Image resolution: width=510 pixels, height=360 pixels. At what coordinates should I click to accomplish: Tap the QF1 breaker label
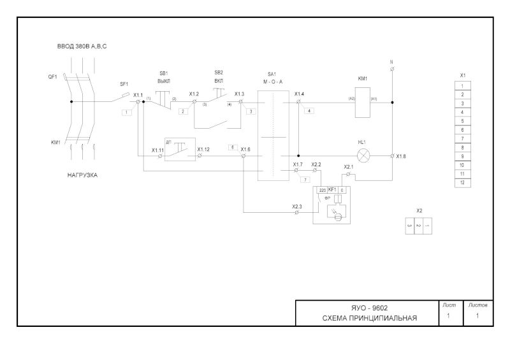tap(52, 76)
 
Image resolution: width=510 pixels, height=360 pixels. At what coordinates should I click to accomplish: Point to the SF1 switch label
tap(124, 83)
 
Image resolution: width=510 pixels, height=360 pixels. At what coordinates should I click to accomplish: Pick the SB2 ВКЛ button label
tap(219, 77)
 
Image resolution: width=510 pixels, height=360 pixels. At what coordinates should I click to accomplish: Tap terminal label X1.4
tap(300, 94)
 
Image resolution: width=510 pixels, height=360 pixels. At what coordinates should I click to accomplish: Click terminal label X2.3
tap(297, 206)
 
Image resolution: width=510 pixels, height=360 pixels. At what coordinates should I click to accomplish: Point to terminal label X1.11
tap(157, 150)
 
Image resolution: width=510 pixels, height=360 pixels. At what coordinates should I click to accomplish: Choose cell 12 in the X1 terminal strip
tap(462, 182)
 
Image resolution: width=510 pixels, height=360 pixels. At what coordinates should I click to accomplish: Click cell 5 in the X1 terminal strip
tap(462, 120)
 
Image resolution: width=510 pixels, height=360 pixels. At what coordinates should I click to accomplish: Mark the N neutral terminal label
tap(391, 62)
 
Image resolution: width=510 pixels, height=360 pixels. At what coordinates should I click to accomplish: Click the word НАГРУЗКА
tap(82, 174)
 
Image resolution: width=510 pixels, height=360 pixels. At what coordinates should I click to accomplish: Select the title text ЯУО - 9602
tap(370, 308)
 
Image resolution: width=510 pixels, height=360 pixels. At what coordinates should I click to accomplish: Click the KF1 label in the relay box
tap(332, 190)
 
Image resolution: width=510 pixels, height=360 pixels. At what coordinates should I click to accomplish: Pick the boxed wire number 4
tap(309, 111)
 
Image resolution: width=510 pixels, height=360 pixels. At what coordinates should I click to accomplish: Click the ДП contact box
tap(179, 148)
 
